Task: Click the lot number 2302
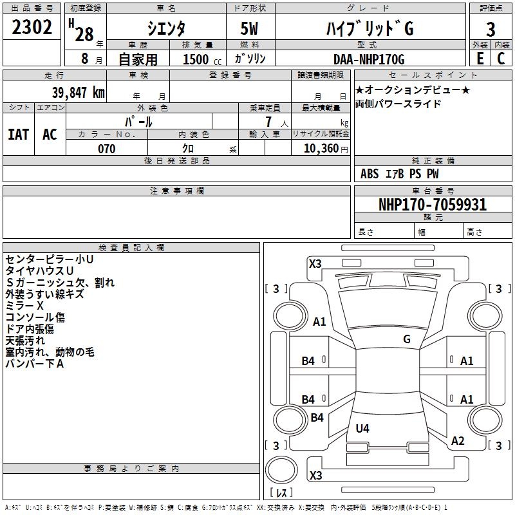32,27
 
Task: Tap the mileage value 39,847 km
79,93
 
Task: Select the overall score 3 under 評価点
491,29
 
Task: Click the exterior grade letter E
480,59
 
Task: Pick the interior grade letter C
501,59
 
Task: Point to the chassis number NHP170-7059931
433,205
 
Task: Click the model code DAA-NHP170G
369,59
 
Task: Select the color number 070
107,149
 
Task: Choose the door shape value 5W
249,28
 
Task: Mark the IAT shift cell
19,135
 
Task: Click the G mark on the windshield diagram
407,339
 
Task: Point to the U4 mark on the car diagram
362,428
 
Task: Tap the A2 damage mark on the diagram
458,441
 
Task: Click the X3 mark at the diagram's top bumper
315,264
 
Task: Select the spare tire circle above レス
281,470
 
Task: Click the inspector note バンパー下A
35,364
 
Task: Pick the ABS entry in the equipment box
370,174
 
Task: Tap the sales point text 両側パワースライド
398,104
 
